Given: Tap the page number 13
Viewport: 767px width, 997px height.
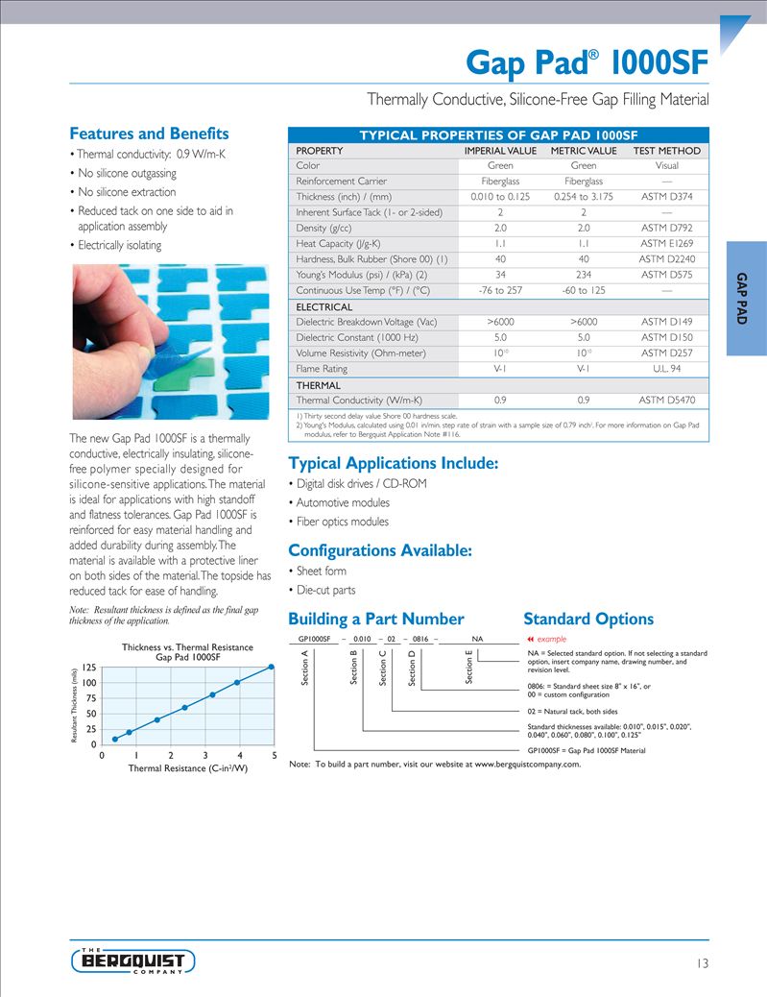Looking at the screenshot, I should pyautogui.click(x=703, y=963).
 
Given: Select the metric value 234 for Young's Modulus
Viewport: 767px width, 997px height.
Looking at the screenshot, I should pyautogui.click(x=584, y=275).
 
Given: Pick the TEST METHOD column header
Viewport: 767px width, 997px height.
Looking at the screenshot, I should pyautogui.click(x=667, y=151).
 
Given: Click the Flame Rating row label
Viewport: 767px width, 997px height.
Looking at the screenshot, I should pyautogui.click(x=322, y=369).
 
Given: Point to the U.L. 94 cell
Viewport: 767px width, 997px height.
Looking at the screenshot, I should pyautogui.click(x=667, y=369).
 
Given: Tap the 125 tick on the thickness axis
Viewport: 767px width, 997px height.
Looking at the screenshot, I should pyautogui.click(x=88, y=667).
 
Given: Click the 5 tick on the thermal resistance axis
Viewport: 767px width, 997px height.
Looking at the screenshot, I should pyautogui.click(x=275, y=755).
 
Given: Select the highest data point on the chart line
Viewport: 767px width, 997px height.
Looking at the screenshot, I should pyautogui.click(x=273, y=666).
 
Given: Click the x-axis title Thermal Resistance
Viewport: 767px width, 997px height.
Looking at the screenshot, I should pyautogui.click(x=181, y=768).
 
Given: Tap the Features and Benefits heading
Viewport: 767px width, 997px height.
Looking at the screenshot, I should pyautogui.click(x=149, y=134).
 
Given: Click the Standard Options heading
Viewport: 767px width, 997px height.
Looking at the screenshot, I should pyautogui.click(x=587, y=620).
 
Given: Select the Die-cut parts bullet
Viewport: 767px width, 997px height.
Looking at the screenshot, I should pyautogui.click(x=325, y=590).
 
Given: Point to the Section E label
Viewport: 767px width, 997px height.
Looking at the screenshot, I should pyautogui.click(x=469, y=667).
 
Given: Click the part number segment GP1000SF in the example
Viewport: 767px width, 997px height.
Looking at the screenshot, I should pyautogui.click(x=314, y=638).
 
